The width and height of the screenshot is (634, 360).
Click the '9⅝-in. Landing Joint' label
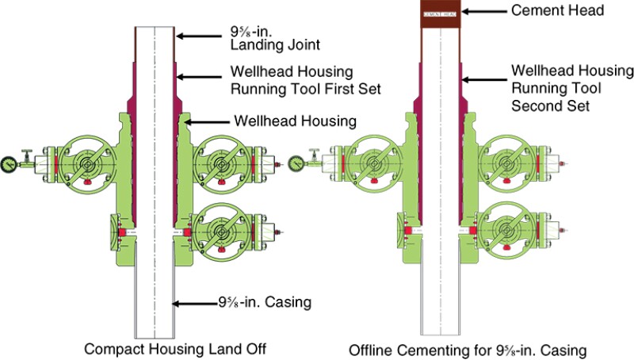[x=262, y=42]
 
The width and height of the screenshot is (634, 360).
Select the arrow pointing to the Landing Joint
[x=197, y=35]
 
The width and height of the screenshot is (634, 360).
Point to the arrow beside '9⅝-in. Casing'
[x=193, y=302]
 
